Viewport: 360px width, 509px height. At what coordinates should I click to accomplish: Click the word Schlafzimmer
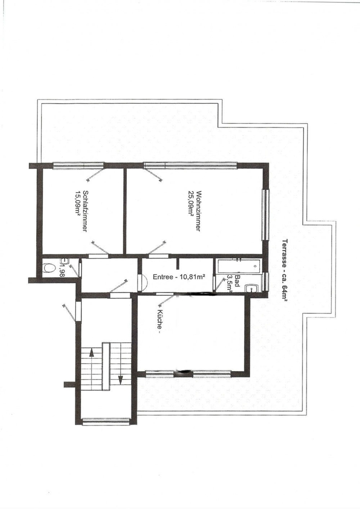[x=86, y=211]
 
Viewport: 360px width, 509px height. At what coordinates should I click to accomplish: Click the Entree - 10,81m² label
[x=179, y=277]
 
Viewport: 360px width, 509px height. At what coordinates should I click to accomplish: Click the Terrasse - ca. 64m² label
[x=285, y=270]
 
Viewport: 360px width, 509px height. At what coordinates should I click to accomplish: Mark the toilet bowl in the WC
[x=49, y=268]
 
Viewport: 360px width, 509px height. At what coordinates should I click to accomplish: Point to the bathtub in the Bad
[x=239, y=266]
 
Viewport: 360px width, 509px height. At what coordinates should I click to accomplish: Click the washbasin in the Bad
[x=253, y=288]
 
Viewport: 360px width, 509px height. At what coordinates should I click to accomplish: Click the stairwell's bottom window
[x=106, y=422]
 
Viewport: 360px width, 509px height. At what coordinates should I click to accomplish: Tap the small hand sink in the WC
[x=65, y=261]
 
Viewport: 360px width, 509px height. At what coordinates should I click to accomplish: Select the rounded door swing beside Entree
[x=143, y=282]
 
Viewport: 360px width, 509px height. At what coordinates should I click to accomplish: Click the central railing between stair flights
[x=106, y=366]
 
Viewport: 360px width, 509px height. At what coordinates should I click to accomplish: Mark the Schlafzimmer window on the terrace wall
[x=78, y=165]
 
